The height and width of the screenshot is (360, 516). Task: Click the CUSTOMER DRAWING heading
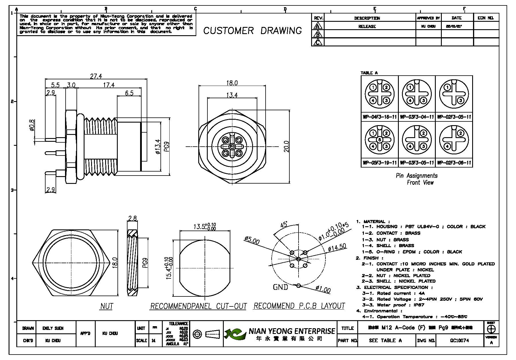(x=252, y=31)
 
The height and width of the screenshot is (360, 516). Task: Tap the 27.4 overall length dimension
(x=96, y=76)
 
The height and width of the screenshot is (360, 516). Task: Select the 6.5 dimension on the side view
(x=129, y=93)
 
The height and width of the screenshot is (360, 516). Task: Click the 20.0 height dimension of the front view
(x=286, y=146)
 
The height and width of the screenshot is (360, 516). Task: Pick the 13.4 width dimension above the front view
(x=231, y=95)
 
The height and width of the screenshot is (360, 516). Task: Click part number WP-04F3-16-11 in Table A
(x=379, y=117)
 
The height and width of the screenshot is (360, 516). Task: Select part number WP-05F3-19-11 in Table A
(x=379, y=163)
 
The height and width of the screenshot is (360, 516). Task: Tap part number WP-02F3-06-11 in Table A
(x=454, y=163)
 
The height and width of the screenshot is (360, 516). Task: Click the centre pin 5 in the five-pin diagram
(x=379, y=140)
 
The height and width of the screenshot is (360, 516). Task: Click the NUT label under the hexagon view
(x=107, y=306)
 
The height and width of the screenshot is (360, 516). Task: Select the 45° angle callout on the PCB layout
(x=284, y=225)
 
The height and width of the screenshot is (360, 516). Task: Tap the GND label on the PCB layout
(x=280, y=287)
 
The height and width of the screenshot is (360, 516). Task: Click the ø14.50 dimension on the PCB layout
(x=337, y=248)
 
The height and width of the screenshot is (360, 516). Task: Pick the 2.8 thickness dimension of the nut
(x=132, y=219)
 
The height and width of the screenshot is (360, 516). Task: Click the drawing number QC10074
(x=459, y=341)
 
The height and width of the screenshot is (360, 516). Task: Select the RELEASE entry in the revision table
(x=367, y=26)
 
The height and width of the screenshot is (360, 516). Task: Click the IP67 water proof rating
(x=419, y=305)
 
